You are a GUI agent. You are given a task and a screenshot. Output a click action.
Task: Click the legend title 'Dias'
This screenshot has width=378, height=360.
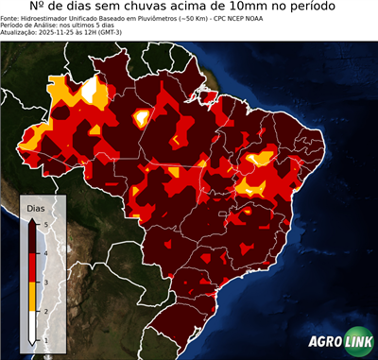(35, 208)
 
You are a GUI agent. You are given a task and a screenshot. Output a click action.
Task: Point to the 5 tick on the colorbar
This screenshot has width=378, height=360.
(45, 223)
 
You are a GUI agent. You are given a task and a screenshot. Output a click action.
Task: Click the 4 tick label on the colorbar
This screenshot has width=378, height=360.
(45, 252)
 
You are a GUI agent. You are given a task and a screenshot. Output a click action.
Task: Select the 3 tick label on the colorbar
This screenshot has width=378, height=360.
(45, 282)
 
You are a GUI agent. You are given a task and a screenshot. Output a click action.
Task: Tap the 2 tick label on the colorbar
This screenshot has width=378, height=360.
(45, 311)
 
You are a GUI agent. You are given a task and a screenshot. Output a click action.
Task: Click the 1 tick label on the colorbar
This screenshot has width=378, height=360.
(45, 340)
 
